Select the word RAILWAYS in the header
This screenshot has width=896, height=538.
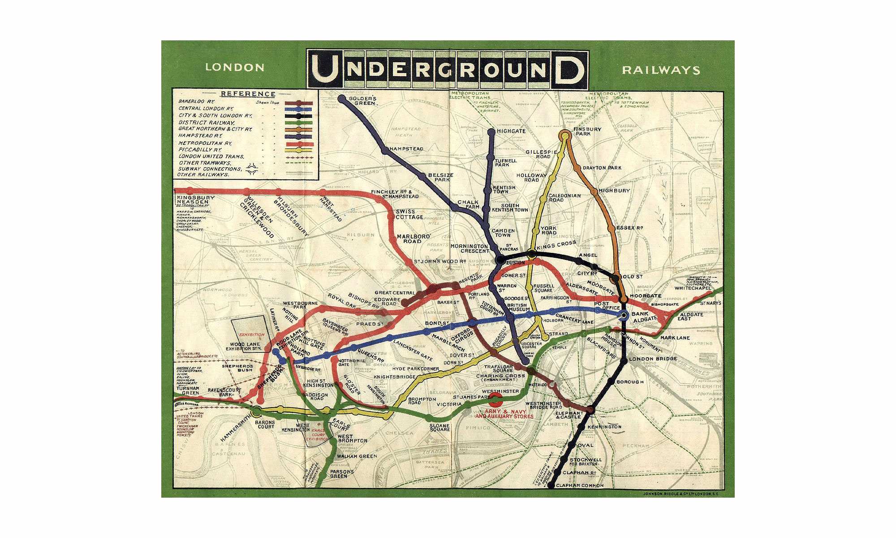(661, 70)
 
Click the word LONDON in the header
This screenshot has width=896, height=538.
(235, 68)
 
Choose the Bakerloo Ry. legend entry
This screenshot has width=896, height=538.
(198, 102)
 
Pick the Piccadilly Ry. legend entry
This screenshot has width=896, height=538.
(200, 150)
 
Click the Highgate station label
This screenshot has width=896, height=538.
(511, 131)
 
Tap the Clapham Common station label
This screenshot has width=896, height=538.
(579, 486)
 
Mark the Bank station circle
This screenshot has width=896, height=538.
(624, 316)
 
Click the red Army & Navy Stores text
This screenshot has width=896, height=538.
(504, 414)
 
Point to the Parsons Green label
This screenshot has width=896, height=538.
(342, 474)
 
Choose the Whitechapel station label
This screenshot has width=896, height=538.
(693, 288)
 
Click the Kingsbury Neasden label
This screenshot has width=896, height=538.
(196, 200)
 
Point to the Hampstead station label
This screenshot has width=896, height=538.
(406, 149)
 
